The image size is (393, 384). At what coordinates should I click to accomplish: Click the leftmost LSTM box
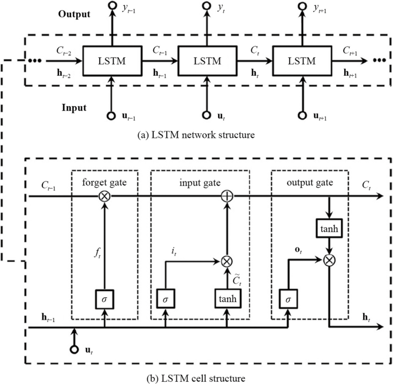[x=110, y=60]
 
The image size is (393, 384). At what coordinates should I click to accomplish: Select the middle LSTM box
[x=205, y=60]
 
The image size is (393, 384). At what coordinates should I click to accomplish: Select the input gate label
[x=200, y=183]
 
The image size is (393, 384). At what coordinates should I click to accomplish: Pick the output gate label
[x=310, y=183]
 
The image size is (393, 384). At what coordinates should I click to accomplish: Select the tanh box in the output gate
[x=329, y=228]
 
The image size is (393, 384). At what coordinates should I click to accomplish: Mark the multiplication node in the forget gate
[x=104, y=196]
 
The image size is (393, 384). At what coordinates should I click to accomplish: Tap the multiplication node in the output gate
[x=329, y=259]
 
